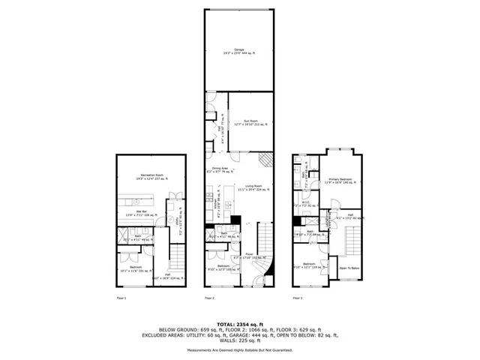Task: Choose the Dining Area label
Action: pyautogui.click(x=219, y=169)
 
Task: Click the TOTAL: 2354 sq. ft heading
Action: pyautogui.click(x=240, y=323)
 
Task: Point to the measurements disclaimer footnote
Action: pyautogui.click(x=240, y=349)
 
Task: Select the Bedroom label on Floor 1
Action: pyautogui.click(x=135, y=268)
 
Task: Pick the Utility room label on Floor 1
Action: pyautogui.click(x=177, y=223)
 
